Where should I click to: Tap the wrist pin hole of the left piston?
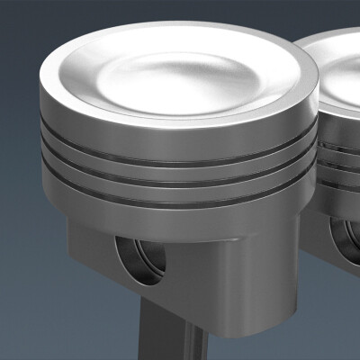[x=142, y=260]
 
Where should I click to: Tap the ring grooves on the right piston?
[x=337, y=153]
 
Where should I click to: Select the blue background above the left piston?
[x=90, y=22]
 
